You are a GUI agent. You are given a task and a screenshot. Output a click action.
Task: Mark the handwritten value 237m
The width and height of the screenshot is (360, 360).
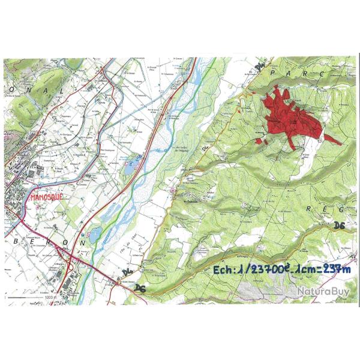coord(334,270)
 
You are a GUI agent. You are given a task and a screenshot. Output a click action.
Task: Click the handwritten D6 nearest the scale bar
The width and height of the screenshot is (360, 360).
coord(140,289)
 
